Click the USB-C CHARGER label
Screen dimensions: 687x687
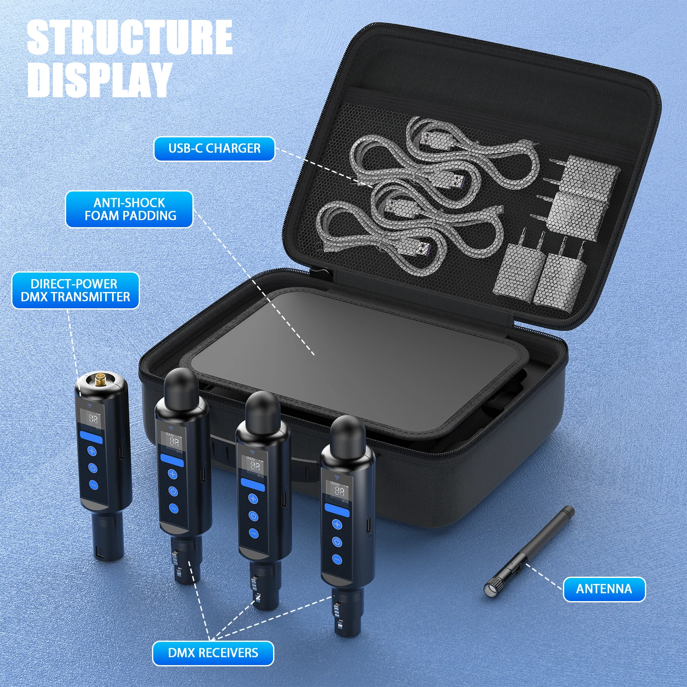coord(214,149)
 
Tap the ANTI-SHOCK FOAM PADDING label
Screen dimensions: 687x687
coord(129,209)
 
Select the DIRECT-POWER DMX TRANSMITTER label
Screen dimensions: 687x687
coord(75,290)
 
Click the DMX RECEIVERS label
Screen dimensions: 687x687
coord(213,653)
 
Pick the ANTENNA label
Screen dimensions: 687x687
coord(604,589)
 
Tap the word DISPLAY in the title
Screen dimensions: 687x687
coord(100,79)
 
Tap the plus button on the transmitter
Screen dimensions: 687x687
coord(92,451)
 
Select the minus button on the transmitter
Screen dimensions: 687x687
coord(93,485)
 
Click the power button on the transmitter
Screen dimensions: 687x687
coord(93,468)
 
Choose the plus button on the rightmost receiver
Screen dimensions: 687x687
coord(337,524)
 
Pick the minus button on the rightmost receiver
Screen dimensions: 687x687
coord(337,559)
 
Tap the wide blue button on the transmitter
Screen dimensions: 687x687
coord(91,438)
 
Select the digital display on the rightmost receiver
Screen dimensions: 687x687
coord(339,490)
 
